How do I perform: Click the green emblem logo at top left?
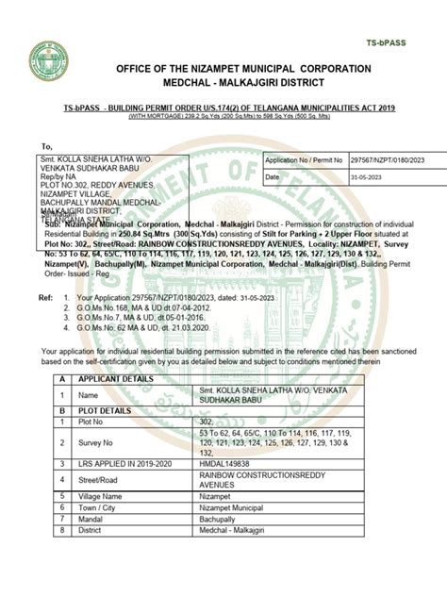(47, 58)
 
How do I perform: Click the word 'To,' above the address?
(46, 146)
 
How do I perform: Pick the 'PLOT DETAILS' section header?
(108, 439)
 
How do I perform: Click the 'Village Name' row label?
(108, 521)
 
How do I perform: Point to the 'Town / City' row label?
(103, 533)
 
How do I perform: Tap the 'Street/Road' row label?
(102, 506)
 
